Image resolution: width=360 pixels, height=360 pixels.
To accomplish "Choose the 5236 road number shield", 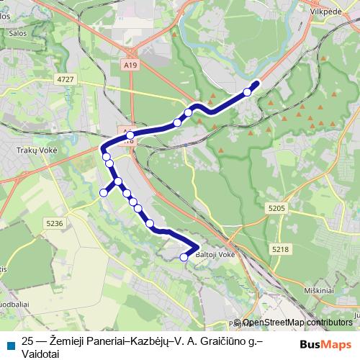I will pos(55,223).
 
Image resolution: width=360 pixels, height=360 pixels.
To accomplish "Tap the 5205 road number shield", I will pos(276,208).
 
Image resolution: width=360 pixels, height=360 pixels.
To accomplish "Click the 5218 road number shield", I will pos(281,248).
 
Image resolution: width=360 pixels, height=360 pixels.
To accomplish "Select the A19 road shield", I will pos(129,65).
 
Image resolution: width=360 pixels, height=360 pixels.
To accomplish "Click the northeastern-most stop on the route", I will pos(248,91).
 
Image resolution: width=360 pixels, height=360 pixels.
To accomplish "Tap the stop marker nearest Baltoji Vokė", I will pos(184,256).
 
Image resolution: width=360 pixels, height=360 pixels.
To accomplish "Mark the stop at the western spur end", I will pos(103,192).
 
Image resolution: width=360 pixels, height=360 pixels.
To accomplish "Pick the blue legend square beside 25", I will pos(11,344).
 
